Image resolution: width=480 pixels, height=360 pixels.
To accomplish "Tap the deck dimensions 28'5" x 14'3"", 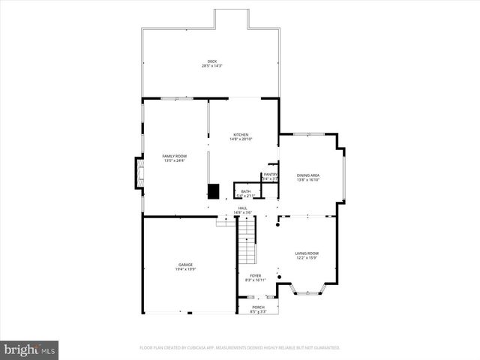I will pyautogui.click(x=211, y=66).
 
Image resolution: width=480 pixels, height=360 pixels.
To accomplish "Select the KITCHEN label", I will pyautogui.click(x=241, y=135).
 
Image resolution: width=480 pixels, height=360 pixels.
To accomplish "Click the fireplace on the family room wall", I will pyautogui.click(x=138, y=173).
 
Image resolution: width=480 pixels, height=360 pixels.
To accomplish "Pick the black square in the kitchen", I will pyautogui.click(x=214, y=191).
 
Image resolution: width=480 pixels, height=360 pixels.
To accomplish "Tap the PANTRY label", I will pyautogui.click(x=270, y=175).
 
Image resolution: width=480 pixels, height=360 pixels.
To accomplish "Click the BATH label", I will pyautogui.click(x=246, y=191).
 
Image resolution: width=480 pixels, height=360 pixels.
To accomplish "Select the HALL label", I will pyautogui.click(x=242, y=208).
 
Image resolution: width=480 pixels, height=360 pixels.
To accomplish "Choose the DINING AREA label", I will pyautogui.click(x=308, y=175).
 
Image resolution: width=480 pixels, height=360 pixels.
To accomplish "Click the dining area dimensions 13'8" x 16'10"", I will pyautogui.click(x=308, y=180).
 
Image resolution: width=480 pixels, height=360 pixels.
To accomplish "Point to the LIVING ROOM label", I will pyautogui.click(x=306, y=253).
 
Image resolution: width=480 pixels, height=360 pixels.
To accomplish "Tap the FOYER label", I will pyautogui.click(x=256, y=276).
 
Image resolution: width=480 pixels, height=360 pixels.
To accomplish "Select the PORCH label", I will pyautogui.click(x=257, y=307).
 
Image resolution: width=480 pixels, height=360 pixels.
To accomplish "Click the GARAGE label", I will pyautogui.click(x=185, y=264).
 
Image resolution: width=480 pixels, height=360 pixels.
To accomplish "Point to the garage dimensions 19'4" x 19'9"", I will pyautogui.click(x=185, y=268).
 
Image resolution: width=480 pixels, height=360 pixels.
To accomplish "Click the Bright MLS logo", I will pyautogui.click(x=29, y=349).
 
